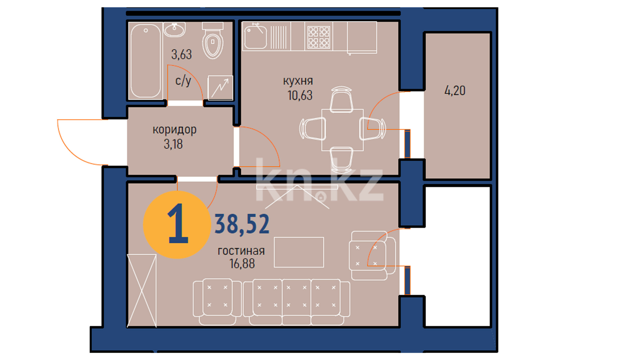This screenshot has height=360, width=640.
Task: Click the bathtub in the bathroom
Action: click(146, 61)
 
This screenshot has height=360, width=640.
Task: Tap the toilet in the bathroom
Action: click(213, 40)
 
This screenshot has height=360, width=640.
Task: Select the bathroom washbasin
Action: click(174, 29)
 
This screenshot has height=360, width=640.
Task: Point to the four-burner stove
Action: click(319, 37)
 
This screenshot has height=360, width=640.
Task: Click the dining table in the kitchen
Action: click(342, 130)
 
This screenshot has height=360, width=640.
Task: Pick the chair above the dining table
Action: click(341, 99)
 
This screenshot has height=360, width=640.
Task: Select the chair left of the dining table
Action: click(312, 129)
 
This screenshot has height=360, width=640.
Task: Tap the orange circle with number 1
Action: click(177, 225)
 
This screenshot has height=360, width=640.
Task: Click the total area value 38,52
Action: click(242, 224)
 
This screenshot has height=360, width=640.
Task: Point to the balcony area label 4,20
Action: click(455, 91)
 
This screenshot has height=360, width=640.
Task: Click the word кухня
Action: click(298, 81)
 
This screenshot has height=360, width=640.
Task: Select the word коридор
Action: click(175, 130)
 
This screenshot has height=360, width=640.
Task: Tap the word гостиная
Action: click(241, 251)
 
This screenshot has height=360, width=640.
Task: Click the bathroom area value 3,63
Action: click(182, 54)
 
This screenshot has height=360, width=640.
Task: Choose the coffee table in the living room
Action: click(299, 252)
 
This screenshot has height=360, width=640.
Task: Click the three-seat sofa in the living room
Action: click(296, 302)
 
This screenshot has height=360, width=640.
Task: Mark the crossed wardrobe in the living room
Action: click(142, 291)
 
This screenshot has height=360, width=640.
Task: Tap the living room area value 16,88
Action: click(242, 264)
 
